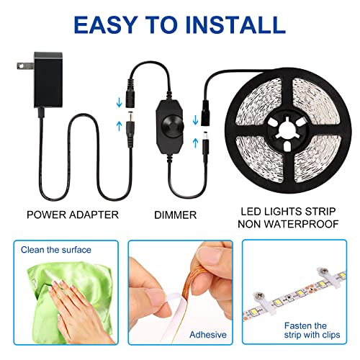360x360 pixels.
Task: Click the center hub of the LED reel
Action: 286,127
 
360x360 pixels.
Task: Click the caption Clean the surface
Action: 57,250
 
